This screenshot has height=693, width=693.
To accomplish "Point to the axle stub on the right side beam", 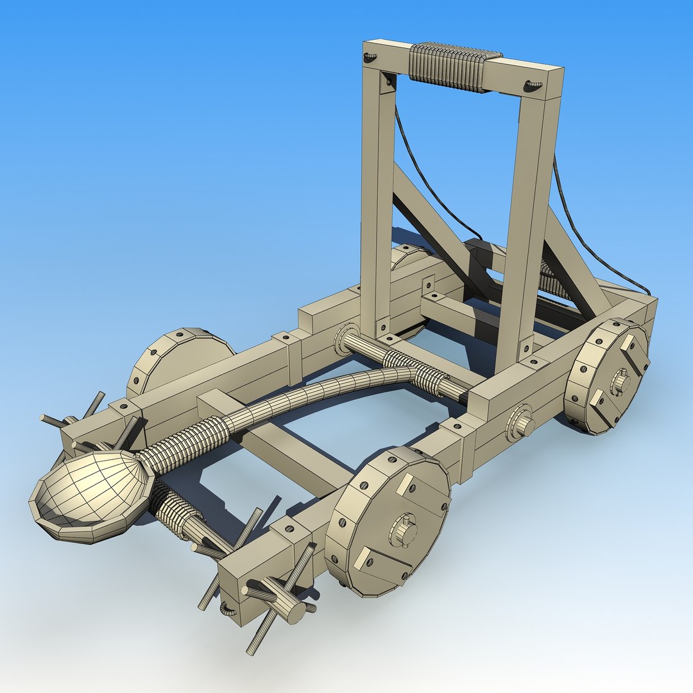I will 522,424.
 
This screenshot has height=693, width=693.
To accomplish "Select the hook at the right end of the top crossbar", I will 533,84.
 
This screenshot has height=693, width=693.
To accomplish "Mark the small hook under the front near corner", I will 228,606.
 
